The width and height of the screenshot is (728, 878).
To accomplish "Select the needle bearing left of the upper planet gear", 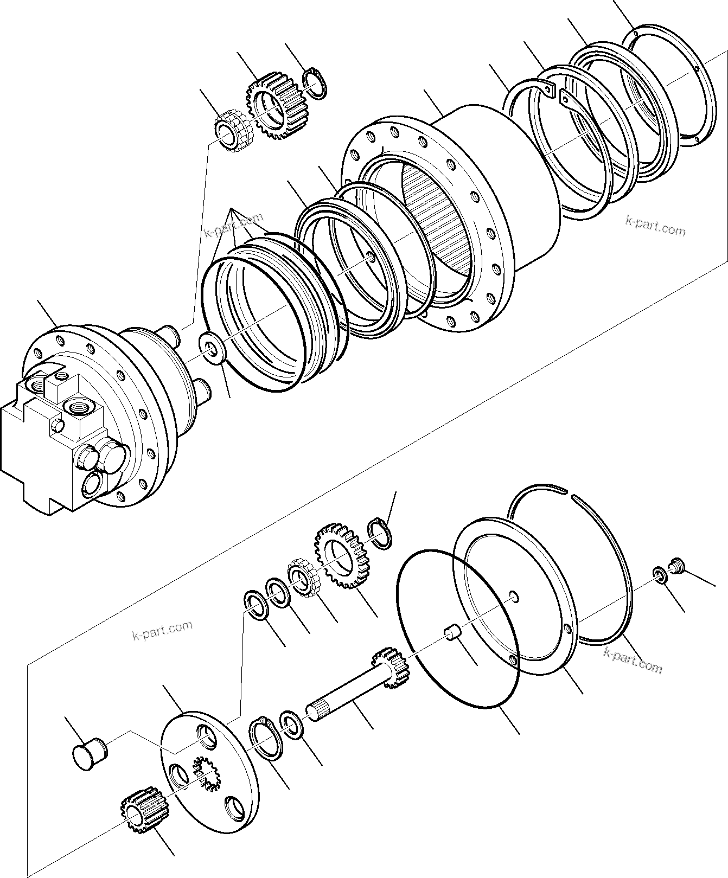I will click(232, 132).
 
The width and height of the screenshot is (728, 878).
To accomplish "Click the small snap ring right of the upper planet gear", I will click(315, 84).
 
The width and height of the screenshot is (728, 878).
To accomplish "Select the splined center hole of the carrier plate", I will click(206, 772).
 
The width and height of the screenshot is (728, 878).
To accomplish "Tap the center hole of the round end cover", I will click(514, 598).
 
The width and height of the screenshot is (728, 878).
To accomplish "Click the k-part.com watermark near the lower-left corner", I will click(162, 629).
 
